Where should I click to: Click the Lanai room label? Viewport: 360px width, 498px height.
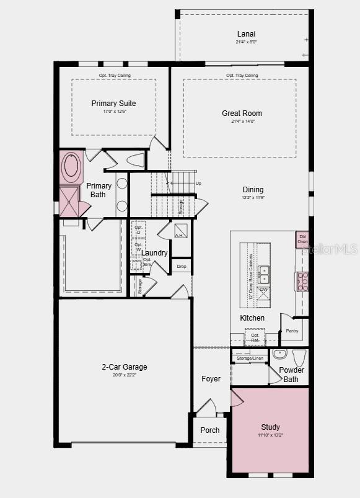[x=246, y=33]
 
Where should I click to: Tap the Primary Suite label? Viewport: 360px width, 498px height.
[x=113, y=104]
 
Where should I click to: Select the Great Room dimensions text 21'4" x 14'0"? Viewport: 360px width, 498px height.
[x=242, y=122]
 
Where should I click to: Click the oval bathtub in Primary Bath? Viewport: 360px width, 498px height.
[x=71, y=167]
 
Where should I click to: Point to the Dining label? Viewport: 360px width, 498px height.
[x=253, y=190]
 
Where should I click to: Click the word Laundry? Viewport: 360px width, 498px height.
[x=154, y=253]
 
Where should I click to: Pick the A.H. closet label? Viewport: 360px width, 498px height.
[x=180, y=236]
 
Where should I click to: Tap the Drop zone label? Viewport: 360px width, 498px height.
[x=181, y=267]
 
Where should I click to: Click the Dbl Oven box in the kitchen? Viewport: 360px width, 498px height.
[x=303, y=239]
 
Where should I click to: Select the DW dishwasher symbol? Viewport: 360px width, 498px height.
[x=263, y=290]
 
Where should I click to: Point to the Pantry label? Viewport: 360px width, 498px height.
[x=292, y=331]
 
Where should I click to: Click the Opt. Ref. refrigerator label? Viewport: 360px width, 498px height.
[x=255, y=338]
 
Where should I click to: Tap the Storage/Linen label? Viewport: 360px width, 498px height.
[x=250, y=358]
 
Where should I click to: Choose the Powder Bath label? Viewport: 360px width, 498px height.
[x=291, y=375]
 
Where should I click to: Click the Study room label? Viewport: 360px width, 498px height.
[x=270, y=427]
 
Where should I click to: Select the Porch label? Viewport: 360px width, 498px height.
[x=210, y=430]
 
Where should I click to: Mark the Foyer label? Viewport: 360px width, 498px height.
[x=211, y=379]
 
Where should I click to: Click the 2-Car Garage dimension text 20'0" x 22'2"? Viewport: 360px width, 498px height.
[x=125, y=375]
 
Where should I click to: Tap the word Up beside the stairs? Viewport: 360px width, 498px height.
[x=198, y=184]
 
